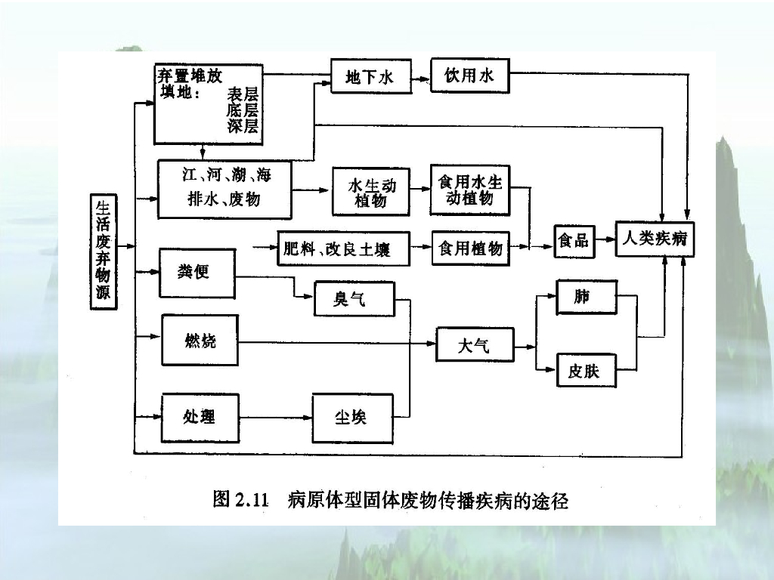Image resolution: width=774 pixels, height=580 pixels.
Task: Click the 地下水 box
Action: pos(371,76)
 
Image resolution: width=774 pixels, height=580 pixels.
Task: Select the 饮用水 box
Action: pos(469,76)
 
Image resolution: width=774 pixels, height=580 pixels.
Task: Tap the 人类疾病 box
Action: pos(655,239)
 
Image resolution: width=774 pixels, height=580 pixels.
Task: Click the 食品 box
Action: pos(573,241)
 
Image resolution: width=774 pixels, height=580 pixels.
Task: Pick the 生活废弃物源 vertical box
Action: pos(103,252)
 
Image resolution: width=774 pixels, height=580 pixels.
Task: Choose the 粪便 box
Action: pos(197,272)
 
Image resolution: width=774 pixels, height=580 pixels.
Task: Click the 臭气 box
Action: pos(354,299)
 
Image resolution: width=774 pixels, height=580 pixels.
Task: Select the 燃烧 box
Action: pos(200,342)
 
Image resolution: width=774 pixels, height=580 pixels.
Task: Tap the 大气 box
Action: pos(475,345)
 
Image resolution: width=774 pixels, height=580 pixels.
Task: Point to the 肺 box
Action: pos(586,297)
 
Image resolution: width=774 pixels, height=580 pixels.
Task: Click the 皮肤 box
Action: pos(586,371)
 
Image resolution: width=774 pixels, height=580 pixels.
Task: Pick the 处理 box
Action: pos(200,418)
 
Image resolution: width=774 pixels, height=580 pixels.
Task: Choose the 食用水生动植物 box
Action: pos(469,190)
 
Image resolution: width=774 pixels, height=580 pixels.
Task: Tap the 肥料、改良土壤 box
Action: pos(343,248)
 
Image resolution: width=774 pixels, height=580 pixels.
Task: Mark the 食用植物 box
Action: pos(469,248)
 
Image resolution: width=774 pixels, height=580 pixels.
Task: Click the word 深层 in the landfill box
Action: pos(243,127)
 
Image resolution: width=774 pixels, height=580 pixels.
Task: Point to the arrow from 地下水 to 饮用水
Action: pos(421,76)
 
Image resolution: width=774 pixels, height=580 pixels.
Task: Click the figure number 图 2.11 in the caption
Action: pos(241,500)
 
